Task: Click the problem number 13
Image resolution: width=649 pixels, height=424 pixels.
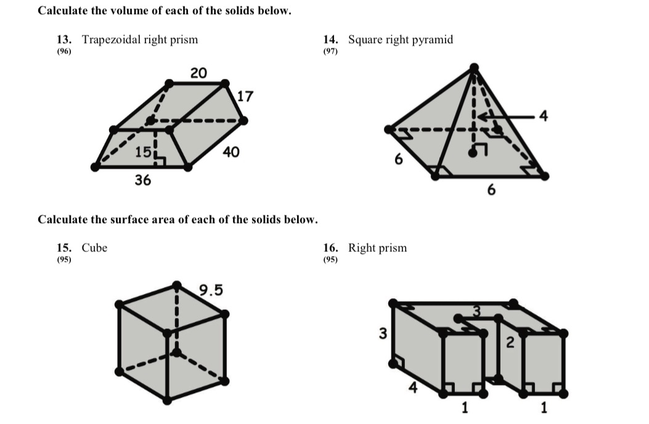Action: tap(63, 40)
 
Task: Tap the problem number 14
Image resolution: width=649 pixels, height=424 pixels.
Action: tap(330, 40)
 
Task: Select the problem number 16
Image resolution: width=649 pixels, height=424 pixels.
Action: tap(330, 248)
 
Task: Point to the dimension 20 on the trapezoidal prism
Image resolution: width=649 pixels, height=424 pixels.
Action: tap(198, 73)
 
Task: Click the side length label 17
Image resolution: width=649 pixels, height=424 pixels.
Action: tap(245, 97)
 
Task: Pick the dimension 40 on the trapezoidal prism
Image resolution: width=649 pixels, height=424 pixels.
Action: tap(231, 152)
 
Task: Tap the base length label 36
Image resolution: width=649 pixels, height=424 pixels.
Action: tap(144, 180)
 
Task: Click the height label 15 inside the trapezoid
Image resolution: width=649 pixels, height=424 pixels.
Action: tap(142, 152)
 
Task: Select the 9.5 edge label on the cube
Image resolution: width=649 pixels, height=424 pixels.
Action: tap(211, 290)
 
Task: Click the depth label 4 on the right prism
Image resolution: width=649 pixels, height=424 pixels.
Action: tap(412, 387)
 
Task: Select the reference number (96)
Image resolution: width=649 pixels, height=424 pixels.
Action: tap(63, 52)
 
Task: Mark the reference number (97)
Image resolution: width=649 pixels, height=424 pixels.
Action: tap(330, 52)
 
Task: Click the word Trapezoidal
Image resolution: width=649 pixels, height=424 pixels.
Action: tap(111, 40)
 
